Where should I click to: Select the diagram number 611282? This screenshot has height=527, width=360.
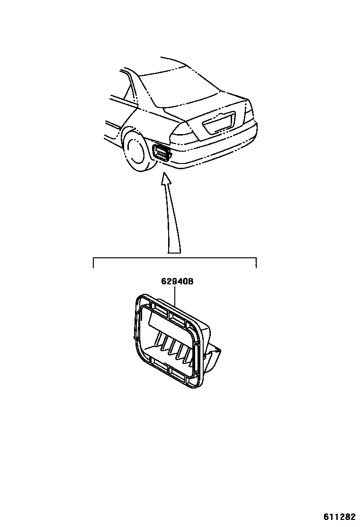(339, 516)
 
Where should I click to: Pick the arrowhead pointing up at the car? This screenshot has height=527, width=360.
(165, 179)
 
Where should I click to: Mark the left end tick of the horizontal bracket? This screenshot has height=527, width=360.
(93, 263)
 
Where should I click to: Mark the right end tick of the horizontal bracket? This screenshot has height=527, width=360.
(256, 263)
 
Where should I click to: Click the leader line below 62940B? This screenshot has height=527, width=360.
(176, 296)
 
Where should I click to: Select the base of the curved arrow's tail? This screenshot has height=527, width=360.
(174, 251)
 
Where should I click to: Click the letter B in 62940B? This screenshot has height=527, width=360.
(190, 281)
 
